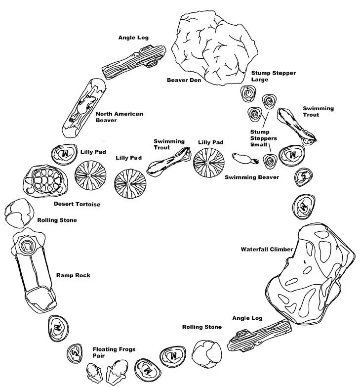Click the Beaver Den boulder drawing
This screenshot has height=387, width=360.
tap(214, 48)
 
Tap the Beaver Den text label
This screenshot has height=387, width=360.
tap(184, 80)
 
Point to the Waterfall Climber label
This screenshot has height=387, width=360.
tap(267, 249)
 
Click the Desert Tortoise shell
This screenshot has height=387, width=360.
tap(47, 181)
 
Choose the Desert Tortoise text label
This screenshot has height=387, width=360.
tap(77, 204)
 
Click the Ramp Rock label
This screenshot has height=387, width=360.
tap(73, 275)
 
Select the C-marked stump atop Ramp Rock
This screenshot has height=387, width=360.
tap(27, 246)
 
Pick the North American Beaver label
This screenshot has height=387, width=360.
tap(120, 117)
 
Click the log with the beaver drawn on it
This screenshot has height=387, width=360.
tap(84, 108)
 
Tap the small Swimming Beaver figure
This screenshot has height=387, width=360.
tap(245, 159)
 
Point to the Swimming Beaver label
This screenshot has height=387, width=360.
tap(252, 177)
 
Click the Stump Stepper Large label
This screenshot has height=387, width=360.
tap(274, 76)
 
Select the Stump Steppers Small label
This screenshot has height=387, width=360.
tap(264, 138)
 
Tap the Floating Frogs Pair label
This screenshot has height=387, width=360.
tap(114, 352)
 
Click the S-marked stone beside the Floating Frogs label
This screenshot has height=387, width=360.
tap(75, 354)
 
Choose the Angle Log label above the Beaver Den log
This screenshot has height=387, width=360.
tap(133, 38)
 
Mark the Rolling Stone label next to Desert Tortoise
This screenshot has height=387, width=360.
tap(57, 220)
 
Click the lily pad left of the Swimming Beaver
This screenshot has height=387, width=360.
tap(209, 163)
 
